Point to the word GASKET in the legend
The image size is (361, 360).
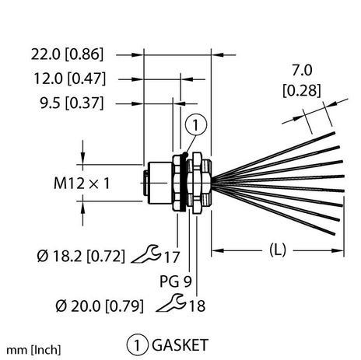(177, 344)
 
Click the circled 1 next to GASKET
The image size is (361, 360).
(135, 344)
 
